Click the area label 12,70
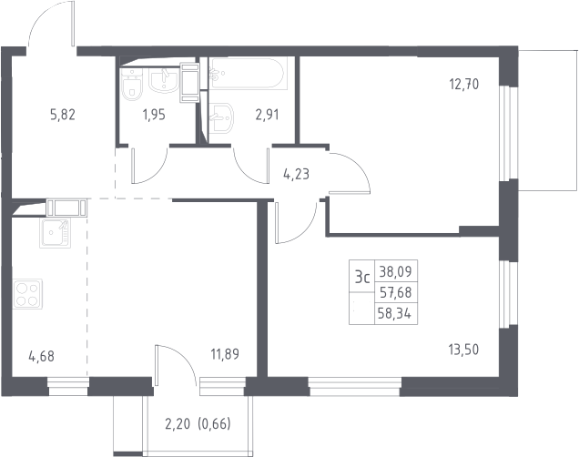click(x=463, y=85)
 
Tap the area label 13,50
click(x=463, y=349)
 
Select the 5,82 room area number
click(x=63, y=115)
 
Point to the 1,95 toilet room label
click(x=154, y=116)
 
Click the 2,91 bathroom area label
click(x=267, y=115)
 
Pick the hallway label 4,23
click(x=296, y=174)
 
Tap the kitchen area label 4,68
click(x=41, y=357)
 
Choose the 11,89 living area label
click(x=225, y=354)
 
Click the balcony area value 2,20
click(x=178, y=424)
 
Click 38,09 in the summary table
click(x=395, y=271)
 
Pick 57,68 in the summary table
click(x=395, y=293)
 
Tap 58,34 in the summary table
click(x=395, y=314)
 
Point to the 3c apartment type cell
click(x=362, y=277)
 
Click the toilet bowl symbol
click(x=131, y=85)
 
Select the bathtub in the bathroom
click(x=246, y=73)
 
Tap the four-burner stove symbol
click(x=27, y=294)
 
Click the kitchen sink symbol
click(x=55, y=233)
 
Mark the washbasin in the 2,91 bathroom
click(x=221, y=117)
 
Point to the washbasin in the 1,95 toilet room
click(x=163, y=80)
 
